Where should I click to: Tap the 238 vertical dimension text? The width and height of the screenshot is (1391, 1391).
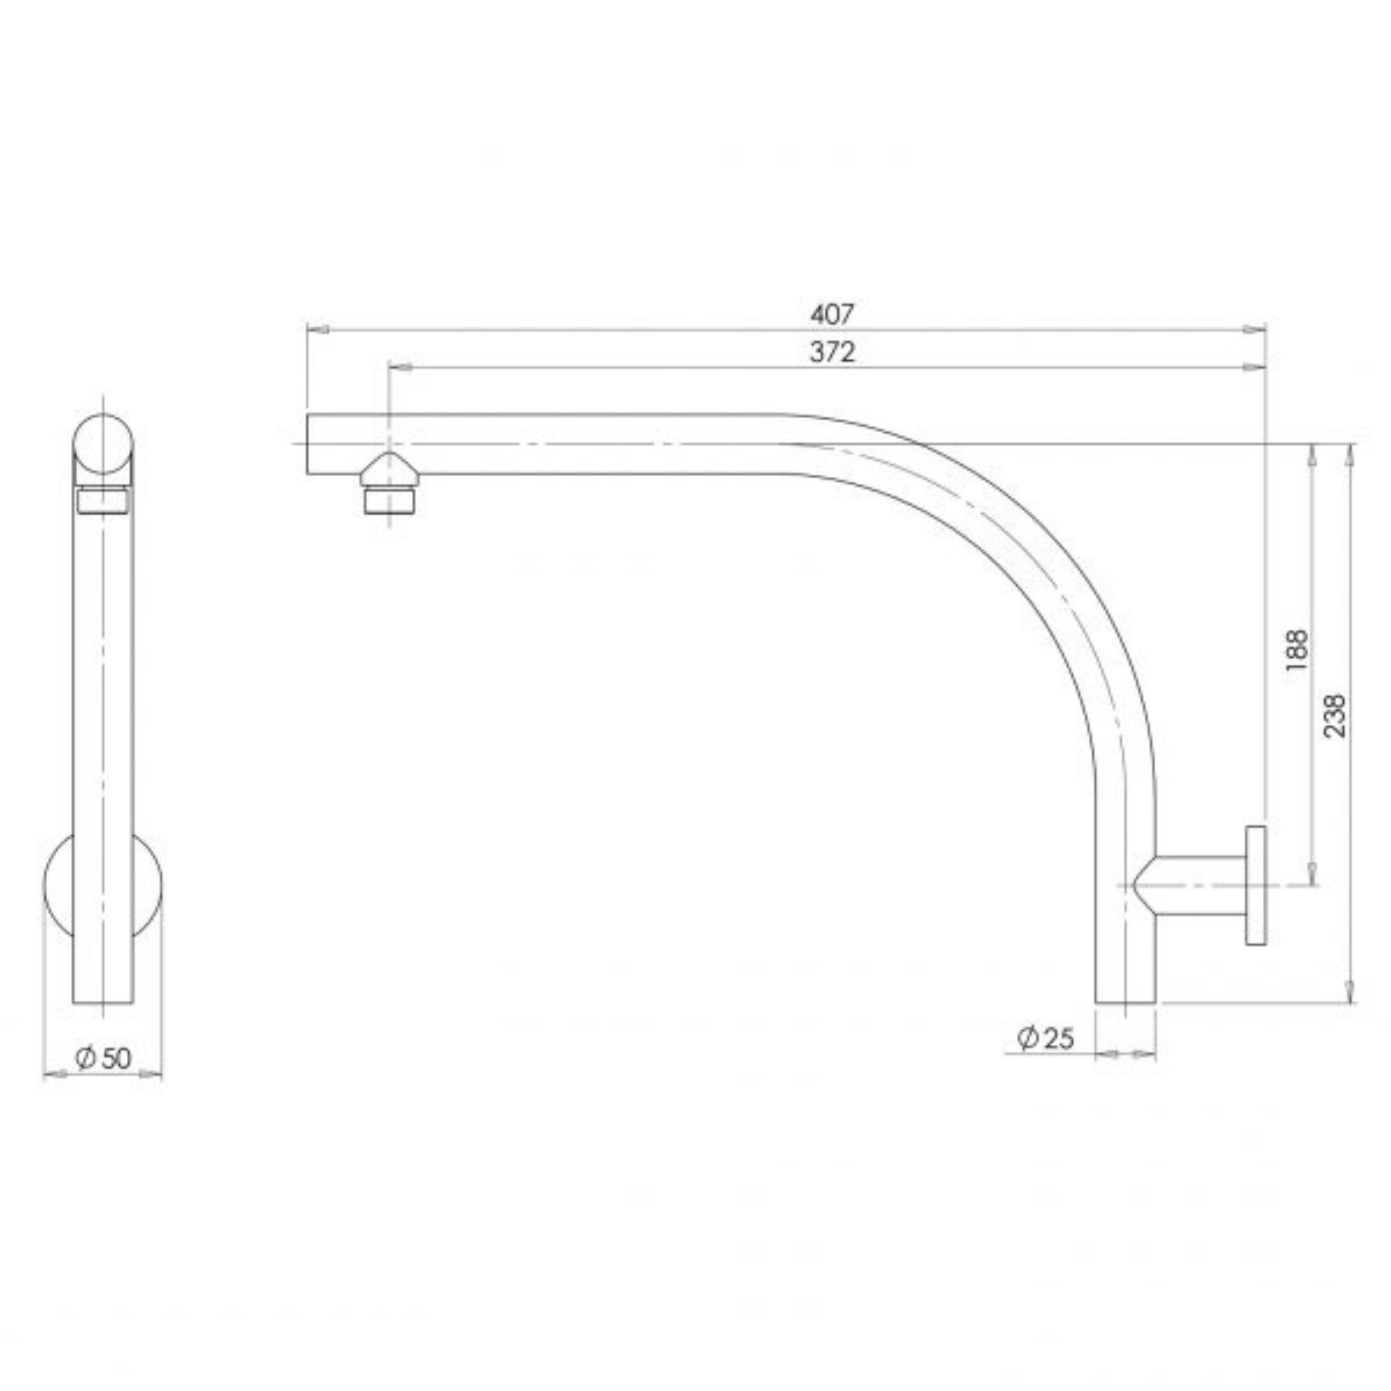click(1334, 715)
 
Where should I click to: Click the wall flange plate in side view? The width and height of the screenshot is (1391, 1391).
click(1256, 886)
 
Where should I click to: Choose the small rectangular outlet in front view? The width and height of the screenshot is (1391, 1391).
click(104, 501)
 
